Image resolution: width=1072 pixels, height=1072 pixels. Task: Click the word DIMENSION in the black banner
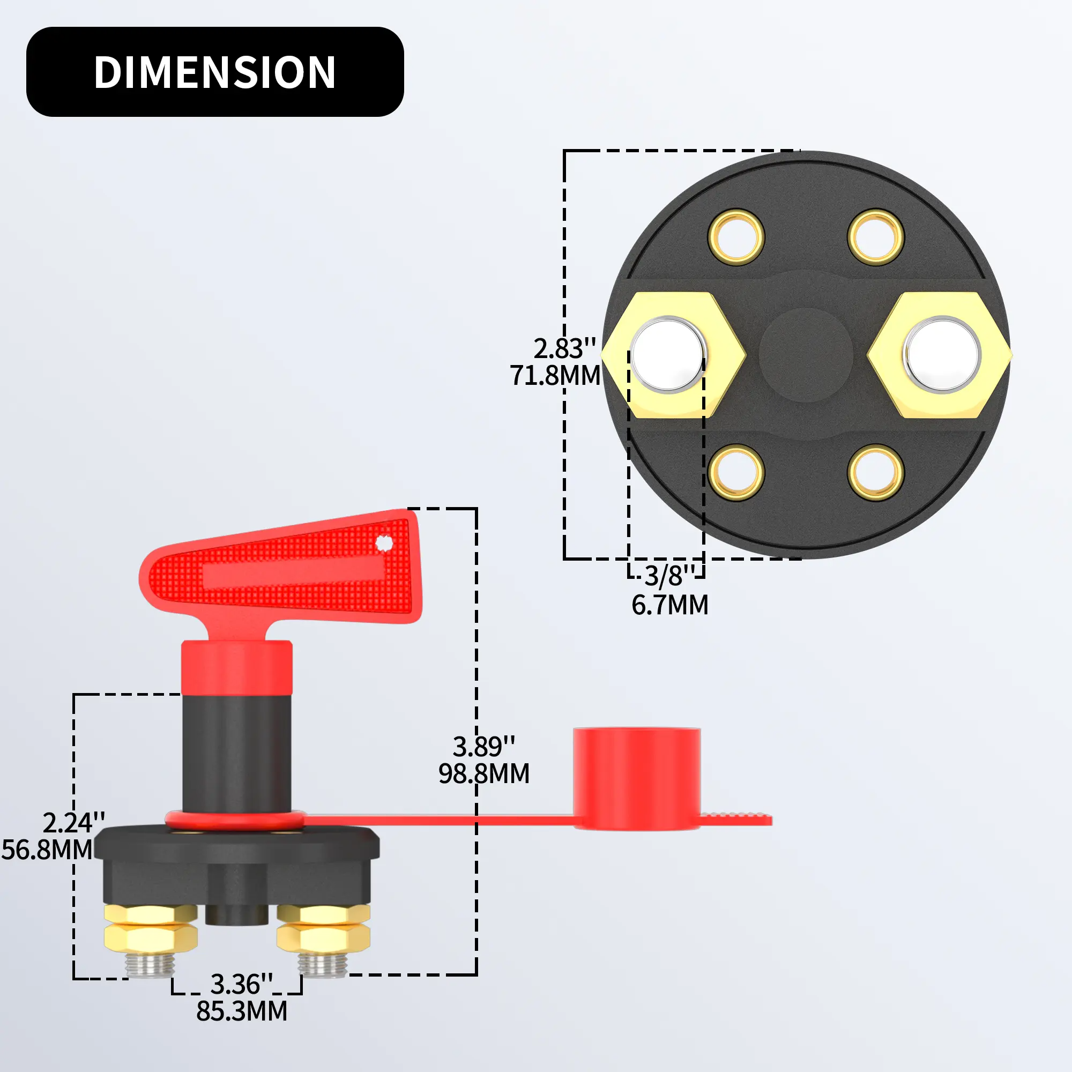[x=215, y=72]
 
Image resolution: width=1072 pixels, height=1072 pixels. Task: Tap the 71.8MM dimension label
[x=555, y=376]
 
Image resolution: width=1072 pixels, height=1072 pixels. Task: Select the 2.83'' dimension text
[x=564, y=348]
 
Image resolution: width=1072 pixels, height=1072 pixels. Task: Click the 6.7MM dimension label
[x=669, y=605]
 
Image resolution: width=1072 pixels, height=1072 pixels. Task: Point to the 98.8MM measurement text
[x=484, y=773]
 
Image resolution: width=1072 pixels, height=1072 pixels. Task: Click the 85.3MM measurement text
[x=242, y=1011]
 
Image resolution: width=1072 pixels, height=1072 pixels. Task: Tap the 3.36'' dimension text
[x=241, y=984]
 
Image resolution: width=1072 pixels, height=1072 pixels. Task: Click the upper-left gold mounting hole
[x=736, y=237]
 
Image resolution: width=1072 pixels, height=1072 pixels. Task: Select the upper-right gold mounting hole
[x=876, y=237]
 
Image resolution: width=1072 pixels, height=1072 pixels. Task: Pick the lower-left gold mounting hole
[x=736, y=473]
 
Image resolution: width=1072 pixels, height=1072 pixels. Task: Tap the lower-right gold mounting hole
[x=876, y=473]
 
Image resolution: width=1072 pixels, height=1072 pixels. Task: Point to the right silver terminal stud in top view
[x=942, y=354]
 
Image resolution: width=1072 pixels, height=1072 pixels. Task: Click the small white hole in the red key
[x=384, y=543]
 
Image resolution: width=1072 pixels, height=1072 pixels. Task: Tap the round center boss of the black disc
[x=806, y=355]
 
